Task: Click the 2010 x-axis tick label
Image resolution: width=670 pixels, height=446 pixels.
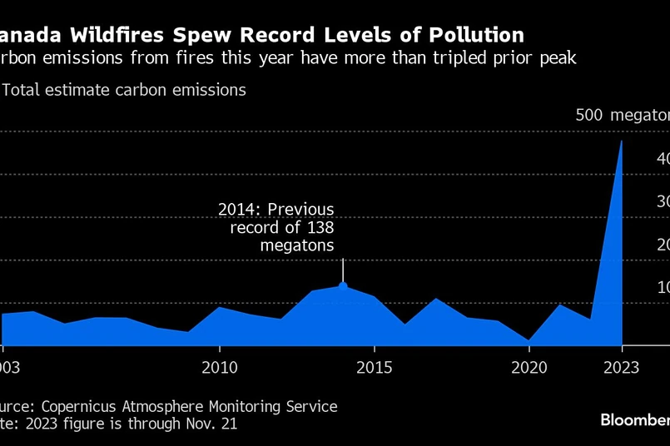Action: (x=219, y=367)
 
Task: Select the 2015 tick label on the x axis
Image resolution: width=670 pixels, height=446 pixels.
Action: (x=375, y=367)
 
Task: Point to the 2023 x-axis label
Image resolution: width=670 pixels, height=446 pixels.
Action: (x=622, y=367)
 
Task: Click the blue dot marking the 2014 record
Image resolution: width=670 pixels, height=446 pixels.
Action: (x=343, y=286)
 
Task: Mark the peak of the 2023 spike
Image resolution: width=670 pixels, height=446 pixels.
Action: (x=621, y=141)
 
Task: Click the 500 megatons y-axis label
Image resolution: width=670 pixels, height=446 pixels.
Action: (x=622, y=115)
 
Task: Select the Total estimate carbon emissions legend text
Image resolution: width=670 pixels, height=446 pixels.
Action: (x=124, y=90)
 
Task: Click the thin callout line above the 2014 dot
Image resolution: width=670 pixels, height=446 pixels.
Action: (x=343, y=270)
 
